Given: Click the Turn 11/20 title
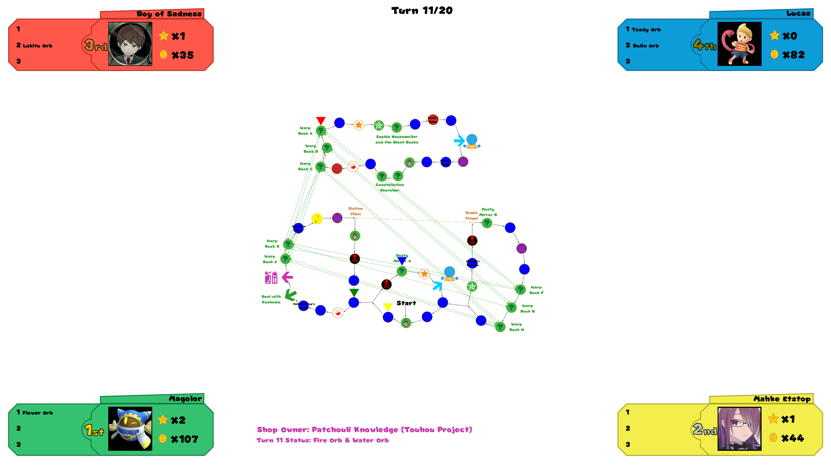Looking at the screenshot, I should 422,10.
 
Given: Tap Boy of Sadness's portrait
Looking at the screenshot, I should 130,44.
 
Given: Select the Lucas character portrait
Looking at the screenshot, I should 739,44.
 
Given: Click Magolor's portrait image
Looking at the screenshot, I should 130,429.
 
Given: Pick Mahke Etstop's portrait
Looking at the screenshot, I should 739,429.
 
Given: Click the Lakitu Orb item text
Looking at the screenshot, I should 38,46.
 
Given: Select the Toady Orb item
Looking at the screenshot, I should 646,30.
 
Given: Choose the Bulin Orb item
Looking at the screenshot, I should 645,46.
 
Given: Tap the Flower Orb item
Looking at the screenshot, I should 38,413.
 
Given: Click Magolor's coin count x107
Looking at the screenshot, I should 184,439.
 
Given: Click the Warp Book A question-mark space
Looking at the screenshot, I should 321,131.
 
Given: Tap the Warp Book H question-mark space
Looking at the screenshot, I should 500,327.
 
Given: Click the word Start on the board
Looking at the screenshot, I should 406,303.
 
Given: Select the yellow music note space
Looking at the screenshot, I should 317,219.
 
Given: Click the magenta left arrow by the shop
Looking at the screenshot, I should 287,277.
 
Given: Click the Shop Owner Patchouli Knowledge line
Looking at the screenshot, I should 364,430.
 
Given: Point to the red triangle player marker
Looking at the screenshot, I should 321,120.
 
